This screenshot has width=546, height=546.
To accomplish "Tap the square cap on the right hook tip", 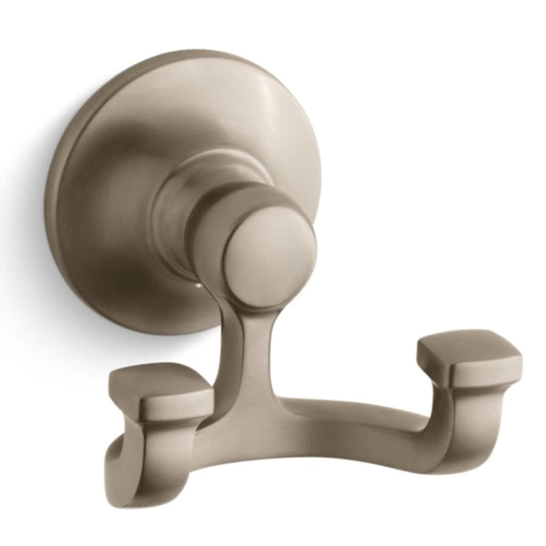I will pos(469,359).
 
